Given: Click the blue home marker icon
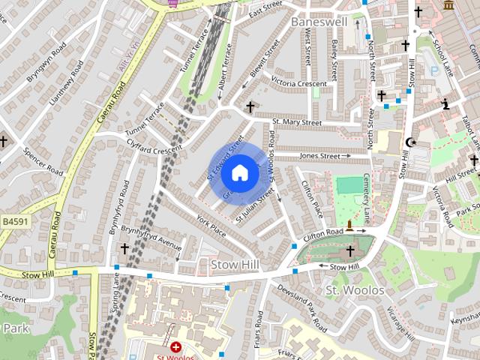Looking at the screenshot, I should [239, 173].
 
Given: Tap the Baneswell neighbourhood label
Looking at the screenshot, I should [319, 22].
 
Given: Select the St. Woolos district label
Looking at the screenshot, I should [354, 289].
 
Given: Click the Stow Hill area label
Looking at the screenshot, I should [235, 265].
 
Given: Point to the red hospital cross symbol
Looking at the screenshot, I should [175, 347].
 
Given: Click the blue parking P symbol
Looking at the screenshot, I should [433, 70].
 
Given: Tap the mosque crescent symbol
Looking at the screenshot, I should [409, 142].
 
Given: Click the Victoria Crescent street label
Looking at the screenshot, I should [299, 82].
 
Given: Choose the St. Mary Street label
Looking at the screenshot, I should [297, 121].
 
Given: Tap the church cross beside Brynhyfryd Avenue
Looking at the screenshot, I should [124, 248].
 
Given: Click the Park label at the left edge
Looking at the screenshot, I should [14, 328].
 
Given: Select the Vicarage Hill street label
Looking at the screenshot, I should [400, 323].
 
